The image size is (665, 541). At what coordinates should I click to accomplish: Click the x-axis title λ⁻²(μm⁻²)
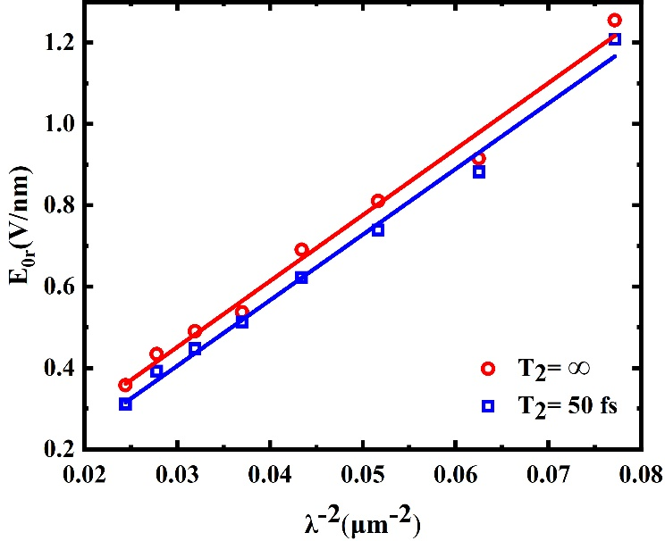pos(361,517)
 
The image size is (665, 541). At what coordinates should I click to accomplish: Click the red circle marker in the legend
pos(488,368)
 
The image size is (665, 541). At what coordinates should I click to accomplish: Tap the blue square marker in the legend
pos(488,405)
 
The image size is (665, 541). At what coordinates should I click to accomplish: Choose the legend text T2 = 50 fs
pos(567,406)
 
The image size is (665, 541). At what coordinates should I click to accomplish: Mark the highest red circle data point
pos(614,20)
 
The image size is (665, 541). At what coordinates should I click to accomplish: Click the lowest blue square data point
pos(125,404)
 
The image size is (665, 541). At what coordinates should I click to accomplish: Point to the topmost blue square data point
pos(614,39)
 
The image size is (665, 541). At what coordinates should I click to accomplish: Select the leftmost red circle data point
pos(125,385)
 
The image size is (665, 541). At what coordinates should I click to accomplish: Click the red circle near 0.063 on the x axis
pos(479,158)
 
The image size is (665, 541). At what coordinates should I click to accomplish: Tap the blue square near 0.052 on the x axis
pos(378,229)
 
